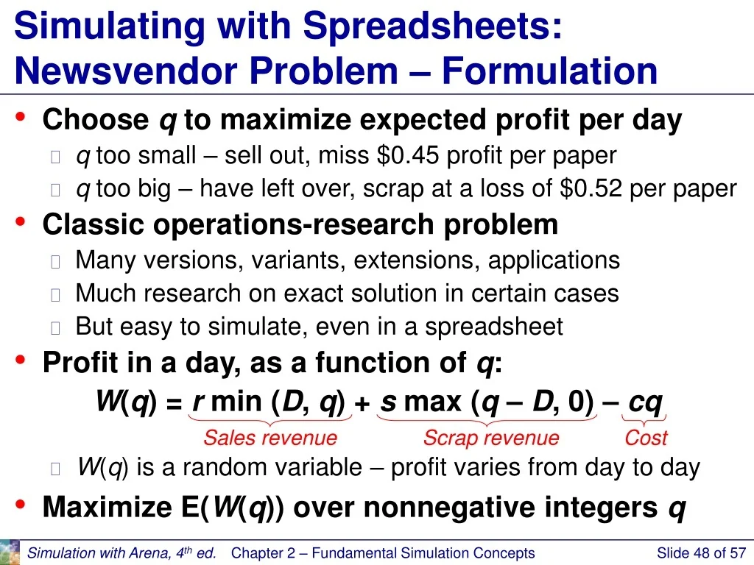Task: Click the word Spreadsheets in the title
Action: tap(432, 27)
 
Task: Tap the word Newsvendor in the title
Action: tap(127, 71)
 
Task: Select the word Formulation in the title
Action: tap(549, 71)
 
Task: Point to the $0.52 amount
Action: tap(591, 188)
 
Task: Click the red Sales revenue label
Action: tap(270, 438)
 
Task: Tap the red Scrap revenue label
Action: tap(491, 438)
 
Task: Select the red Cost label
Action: tap(646, 438)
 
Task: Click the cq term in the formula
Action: tap(646, 402)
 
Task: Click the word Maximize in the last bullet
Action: tap(108, 507)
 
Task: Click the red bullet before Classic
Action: tap(20, 221)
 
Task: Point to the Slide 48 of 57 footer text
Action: tap(701, 553)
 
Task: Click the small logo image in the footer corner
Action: tap(10, 552)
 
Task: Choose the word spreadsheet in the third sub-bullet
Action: tap(494, 327)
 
